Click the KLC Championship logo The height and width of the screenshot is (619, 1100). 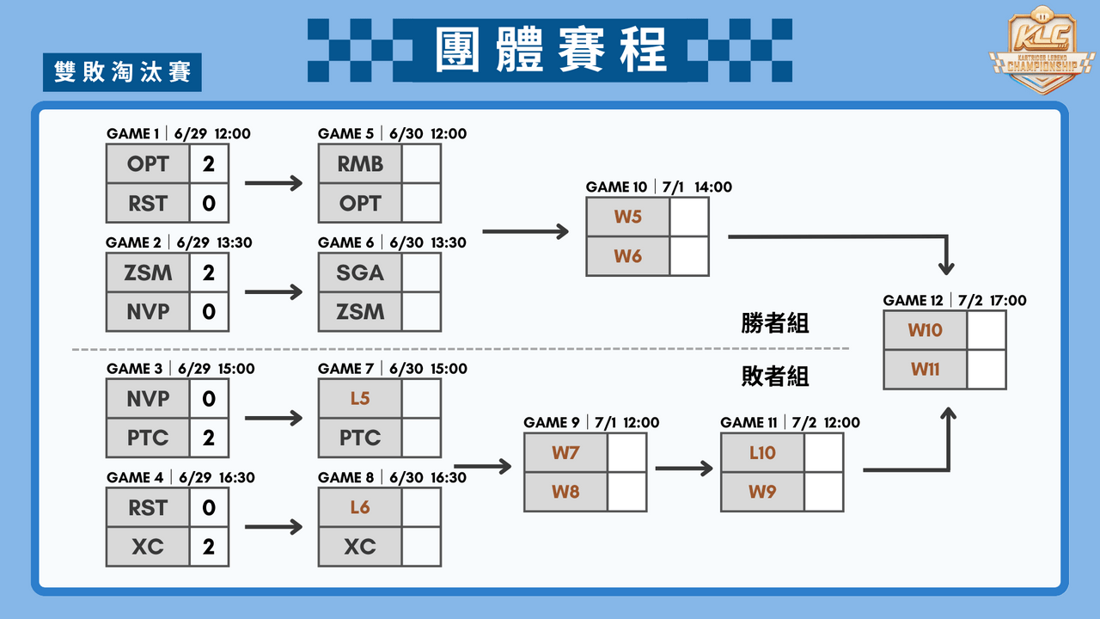(x=1042, y=49)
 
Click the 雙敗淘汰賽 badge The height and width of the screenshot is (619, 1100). (x=122, y=72)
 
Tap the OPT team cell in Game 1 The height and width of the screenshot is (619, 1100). (x=148, y=163)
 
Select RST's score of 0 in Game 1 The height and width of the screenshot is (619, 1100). (x=209, y=203)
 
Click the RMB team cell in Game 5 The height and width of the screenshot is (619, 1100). (x=360, y=163)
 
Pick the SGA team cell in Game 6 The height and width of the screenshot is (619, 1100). (x=360, y=273)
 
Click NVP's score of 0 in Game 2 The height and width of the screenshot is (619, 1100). (x=209, y=311)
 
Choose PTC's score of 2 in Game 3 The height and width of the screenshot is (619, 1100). (x=209, y=438)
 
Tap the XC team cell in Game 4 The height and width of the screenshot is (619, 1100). (x=148, y=546)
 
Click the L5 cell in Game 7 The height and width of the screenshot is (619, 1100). (x=360, y=398)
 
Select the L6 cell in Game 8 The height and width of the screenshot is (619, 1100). (x=360, y=507)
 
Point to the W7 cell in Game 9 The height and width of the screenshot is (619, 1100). (x=565, y=452)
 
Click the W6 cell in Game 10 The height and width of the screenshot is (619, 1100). (x=627, y=256)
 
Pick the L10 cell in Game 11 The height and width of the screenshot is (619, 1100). (x=762, y=452)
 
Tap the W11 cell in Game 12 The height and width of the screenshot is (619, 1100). (x=926, y=369)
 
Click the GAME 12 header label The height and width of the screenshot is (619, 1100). (x=913, y=300)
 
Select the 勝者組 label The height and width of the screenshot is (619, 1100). (x=775, y=323)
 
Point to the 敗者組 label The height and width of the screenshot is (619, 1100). (x=775, y=377)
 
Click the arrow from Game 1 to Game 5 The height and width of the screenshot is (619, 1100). (x=273, y=183)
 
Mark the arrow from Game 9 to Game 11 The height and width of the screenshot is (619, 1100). (x=684, y=469)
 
